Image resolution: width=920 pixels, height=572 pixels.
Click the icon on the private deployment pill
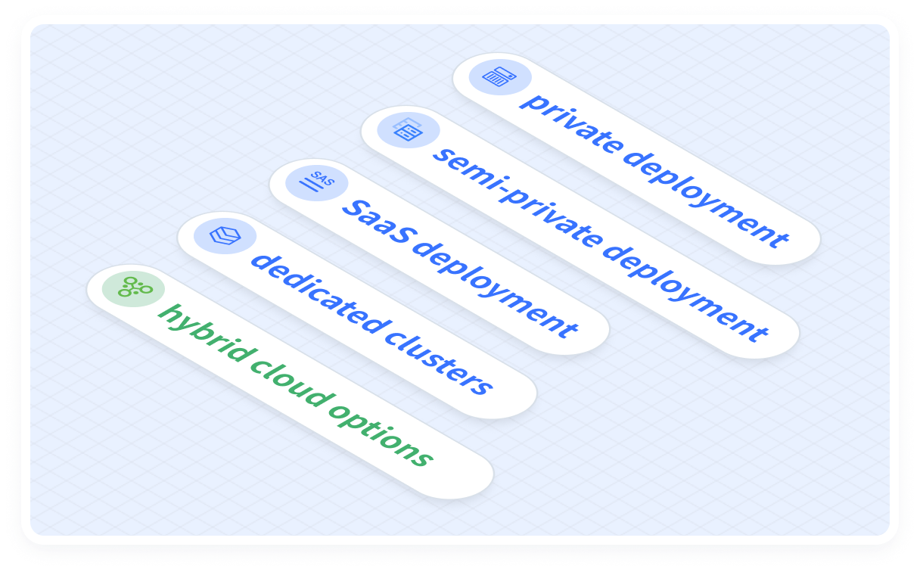pyautogui.click(x=499, y=77)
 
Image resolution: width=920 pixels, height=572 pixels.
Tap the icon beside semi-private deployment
pyautogui.click(x=408, y=130)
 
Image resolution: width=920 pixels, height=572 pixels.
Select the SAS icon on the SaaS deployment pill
pyautogui.click(x=316, y=182)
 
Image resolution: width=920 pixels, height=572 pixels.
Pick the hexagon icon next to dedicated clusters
pyautogui.click(x=225, y=236)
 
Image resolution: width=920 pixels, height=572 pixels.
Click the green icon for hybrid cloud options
pyautogui.click(x=133, y=288)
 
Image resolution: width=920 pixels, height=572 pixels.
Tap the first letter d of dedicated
pyautogui.click(x=260, y=261)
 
